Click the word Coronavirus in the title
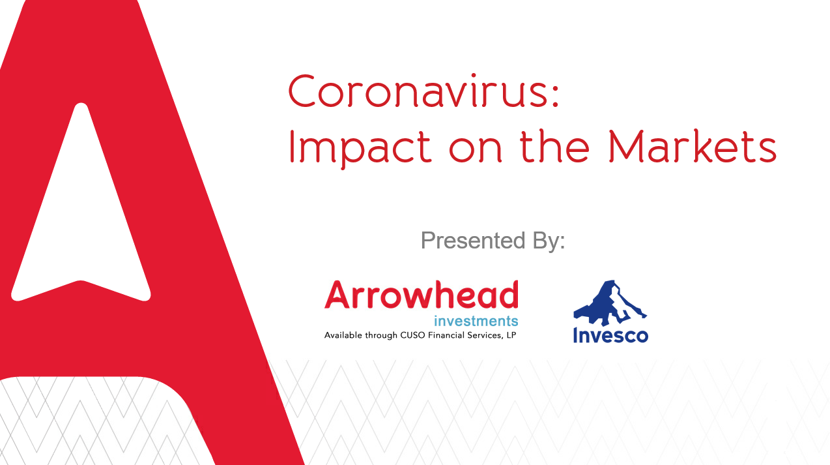(418, 91)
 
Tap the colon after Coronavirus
(555, 95)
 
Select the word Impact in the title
(360, 147)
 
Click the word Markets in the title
(692, 146)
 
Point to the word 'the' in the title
(554, 146)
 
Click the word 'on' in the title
(476, 150)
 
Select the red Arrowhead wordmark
(422, 294)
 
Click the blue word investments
(476, 321)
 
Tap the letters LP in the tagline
(511, 335)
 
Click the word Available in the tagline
(343, 335)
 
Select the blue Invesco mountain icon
(610, 303)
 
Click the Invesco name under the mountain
(610, 335)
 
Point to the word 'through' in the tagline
(381, 335)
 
